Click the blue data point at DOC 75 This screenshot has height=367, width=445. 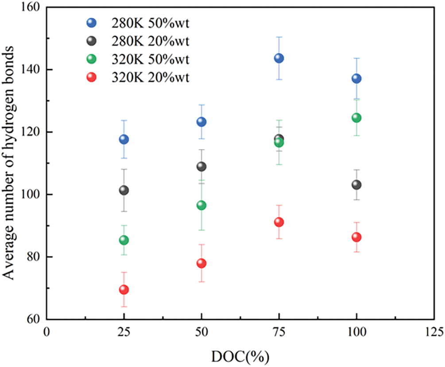(x=279, y=58)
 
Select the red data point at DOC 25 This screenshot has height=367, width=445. (x=124, y=290)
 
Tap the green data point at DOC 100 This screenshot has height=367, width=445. (x=356, y=118)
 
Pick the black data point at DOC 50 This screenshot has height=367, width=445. (x=201, y=166)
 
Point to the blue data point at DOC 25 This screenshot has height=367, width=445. (x=124, y=139)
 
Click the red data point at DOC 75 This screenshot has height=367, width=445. (x=279, y=222)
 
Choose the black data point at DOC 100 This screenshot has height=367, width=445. (x=356, y=185)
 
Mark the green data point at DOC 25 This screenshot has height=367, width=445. (x=124, y=240)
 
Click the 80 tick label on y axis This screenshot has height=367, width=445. (x=34, y=257)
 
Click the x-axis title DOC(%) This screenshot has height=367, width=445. (x=240, y=356)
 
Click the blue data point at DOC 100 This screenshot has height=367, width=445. (x=356, y=79)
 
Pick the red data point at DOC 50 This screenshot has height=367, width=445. (x=201, y=263)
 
